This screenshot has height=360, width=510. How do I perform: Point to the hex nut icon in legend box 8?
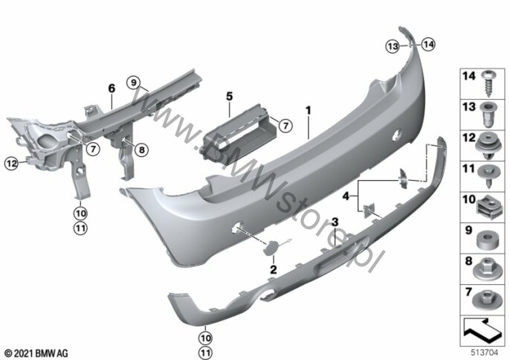point(486,269)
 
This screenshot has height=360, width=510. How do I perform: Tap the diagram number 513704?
point(485,353)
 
